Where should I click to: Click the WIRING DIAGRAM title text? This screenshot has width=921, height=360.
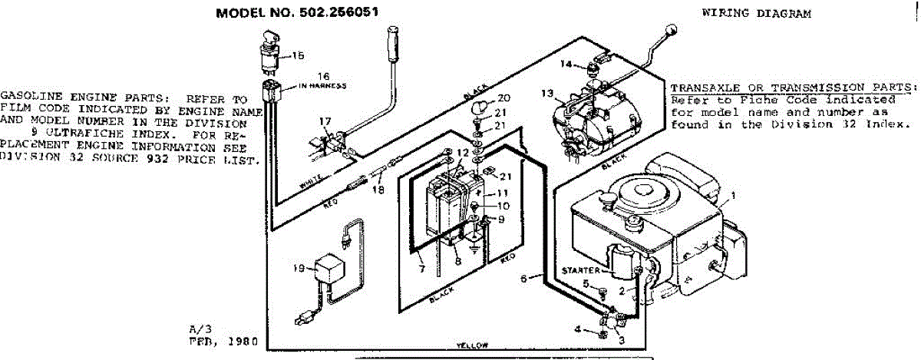coord(756,14)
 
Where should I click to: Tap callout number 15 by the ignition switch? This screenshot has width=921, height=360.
coord(297,55)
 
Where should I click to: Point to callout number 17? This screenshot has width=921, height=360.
coord(325,121)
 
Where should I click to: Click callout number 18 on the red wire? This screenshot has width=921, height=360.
coord(377,189)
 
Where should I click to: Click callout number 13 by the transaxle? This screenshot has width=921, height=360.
coord(546,94)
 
